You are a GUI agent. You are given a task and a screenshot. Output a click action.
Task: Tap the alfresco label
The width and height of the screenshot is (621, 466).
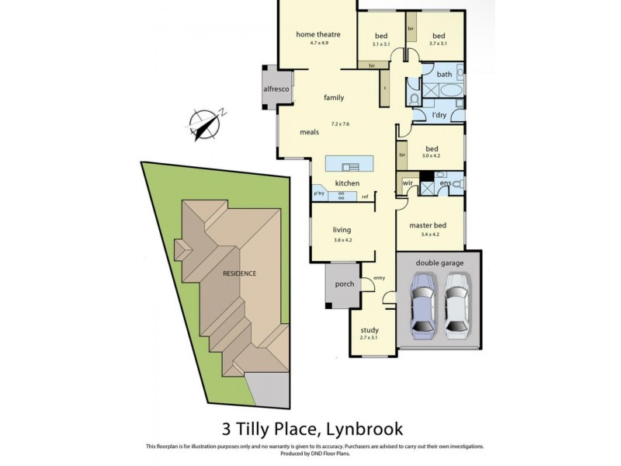pyautogui.click(x=276, y=89)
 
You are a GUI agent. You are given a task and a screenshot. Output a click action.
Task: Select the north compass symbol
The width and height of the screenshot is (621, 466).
pyautogui.click(x=206, y=125)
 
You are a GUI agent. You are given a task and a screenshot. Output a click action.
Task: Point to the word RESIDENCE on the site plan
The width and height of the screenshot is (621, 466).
pyautogui.click(x=239, y=273)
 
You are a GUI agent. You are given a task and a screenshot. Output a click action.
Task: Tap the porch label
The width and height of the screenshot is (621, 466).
pyautogui.click(x=344, y=284)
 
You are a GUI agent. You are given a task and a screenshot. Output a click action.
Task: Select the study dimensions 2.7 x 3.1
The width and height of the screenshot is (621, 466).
pyautogui.click(x=369, y=338)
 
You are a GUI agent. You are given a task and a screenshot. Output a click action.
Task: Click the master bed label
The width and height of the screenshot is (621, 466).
pyautogui.click(x=429, y=225)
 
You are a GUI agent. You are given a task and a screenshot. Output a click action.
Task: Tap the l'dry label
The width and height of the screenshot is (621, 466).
pyautogui.click(x=439, y=116)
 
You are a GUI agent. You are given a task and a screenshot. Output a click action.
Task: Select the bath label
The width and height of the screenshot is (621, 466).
pyautogui.click(x=444, y=75)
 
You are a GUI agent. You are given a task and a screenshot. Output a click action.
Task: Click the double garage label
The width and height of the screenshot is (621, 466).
pyautogui.click(x=439, y=263)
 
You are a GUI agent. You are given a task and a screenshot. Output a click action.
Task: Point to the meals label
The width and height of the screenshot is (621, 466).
pyautogui.click(x=310, y=132)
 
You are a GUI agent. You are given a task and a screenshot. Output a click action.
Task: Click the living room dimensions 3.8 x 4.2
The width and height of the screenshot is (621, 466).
pyautogui.click(x=342, y=240)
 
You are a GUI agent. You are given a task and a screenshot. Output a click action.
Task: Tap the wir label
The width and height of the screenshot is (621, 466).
pyautogui.click(x=408, y=183)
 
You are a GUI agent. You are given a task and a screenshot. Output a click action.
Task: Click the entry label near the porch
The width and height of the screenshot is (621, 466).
pyautogui.click(x=379, y=278)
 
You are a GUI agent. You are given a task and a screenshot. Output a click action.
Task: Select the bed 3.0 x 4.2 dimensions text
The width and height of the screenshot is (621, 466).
pyautogui.click(x=431, y=156)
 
